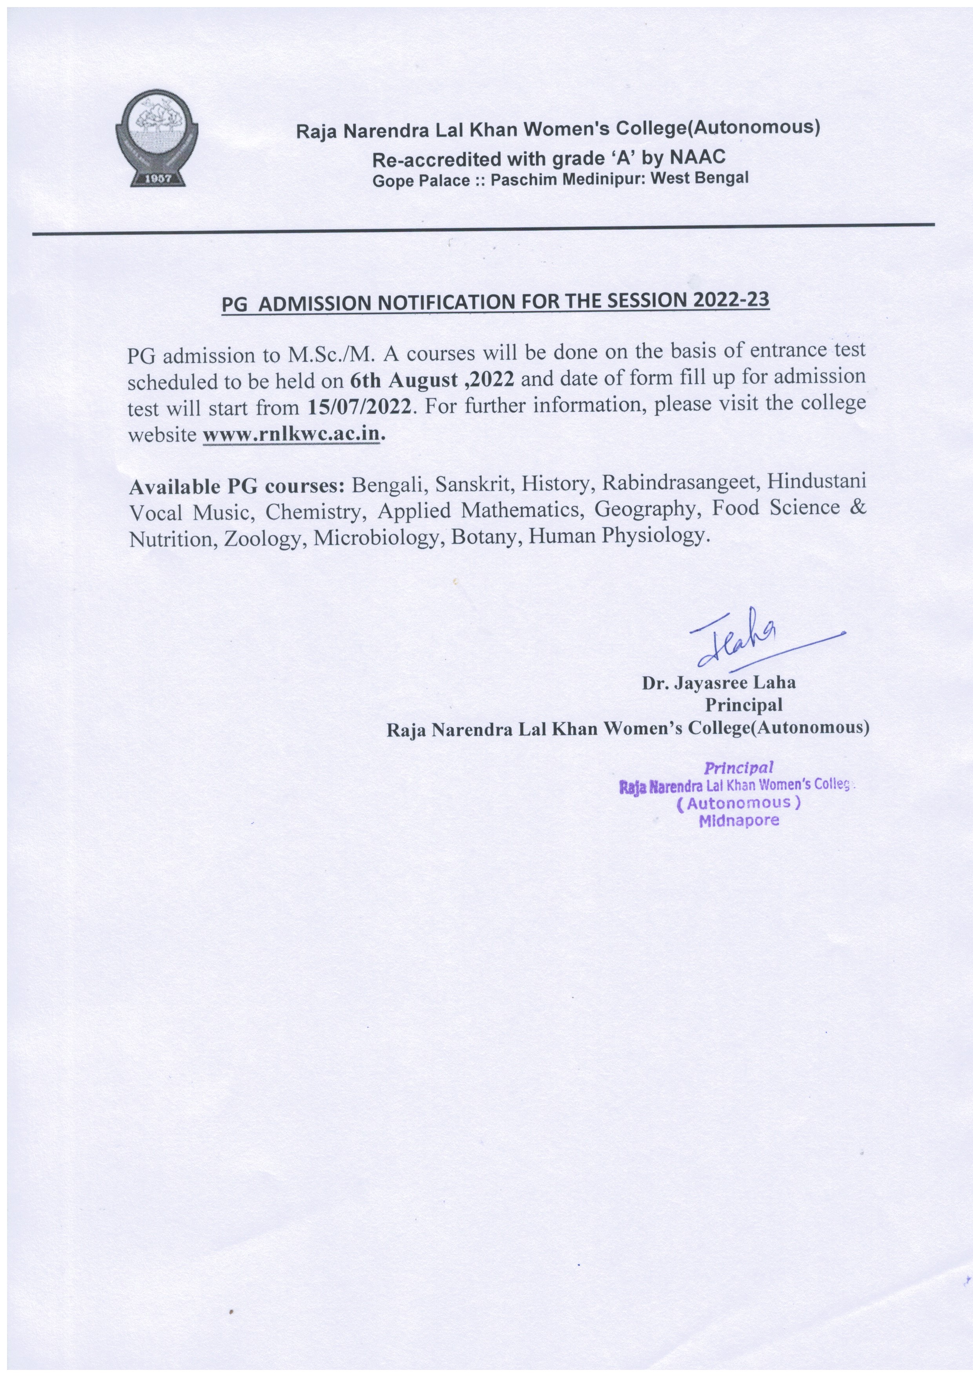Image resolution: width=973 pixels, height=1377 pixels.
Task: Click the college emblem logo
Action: (157, 139)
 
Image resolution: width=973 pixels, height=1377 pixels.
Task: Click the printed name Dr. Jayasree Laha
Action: (719, 683)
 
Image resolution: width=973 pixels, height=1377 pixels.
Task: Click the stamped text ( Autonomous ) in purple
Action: (739, 803)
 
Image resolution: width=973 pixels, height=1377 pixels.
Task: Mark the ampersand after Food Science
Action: (859, 508)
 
